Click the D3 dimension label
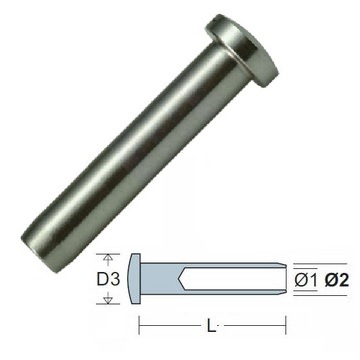[108, 279]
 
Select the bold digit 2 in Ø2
[343, 281]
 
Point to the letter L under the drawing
[211, 327]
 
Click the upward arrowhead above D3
[107, 257]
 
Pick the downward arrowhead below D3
[107, 301]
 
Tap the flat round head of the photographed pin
[242, 50]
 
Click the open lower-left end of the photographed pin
[37, 252]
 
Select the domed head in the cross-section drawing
[135, 279]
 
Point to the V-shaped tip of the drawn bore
[181, 279]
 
